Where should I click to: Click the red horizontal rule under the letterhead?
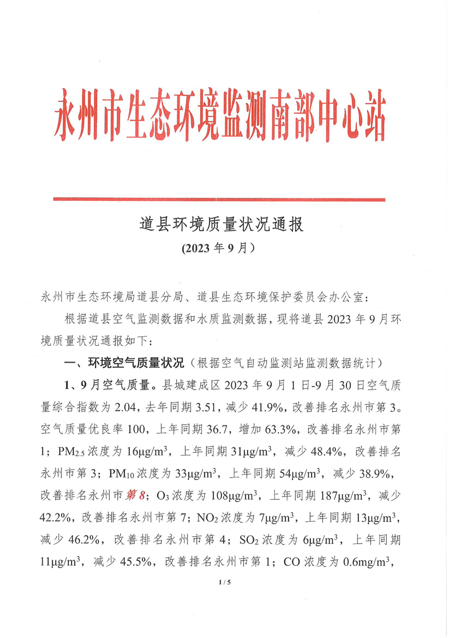tap(219, 199)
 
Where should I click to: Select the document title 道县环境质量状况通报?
tap(222, 224)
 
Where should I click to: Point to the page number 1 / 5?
tap(225, 582)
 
